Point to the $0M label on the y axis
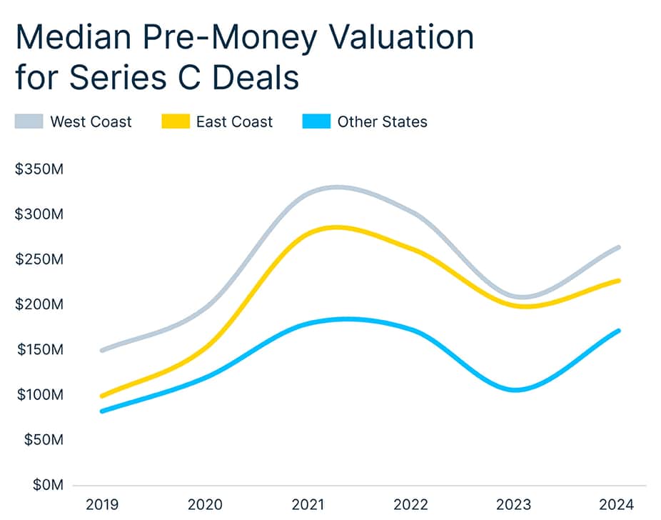[x=47, y=486]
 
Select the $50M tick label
[x=43, y=441]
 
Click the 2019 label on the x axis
[x=102, y=505]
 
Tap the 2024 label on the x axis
[x=616, y=505]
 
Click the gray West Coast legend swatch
[x=29, y=121]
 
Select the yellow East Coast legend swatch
[x=174, y=121]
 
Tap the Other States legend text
[x=382, y=121]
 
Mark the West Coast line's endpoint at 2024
[x=617, y=247]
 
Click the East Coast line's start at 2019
[x=103, y=396]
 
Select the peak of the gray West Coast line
[x=335, y=187]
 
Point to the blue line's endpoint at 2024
[x=617, y=331]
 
